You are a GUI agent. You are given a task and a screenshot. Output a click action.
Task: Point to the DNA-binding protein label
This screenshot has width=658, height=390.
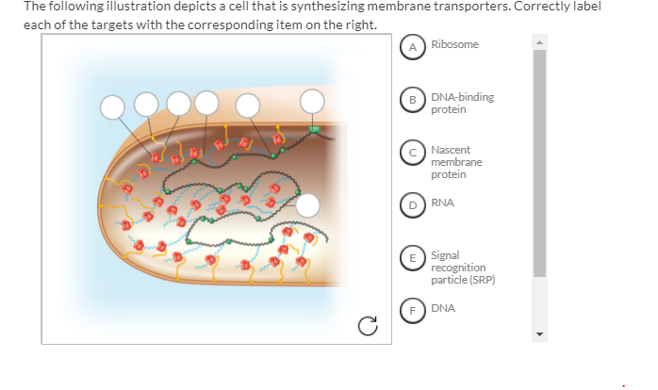(462, 103)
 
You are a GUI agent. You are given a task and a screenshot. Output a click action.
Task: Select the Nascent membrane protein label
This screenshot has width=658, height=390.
(456, 162)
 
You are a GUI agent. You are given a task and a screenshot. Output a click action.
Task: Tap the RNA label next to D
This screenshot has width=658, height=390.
(442, 202)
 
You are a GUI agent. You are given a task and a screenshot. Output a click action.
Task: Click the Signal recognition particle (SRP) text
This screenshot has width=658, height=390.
(462, 268)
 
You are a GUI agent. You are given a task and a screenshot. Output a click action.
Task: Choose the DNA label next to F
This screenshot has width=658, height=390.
(442, 307)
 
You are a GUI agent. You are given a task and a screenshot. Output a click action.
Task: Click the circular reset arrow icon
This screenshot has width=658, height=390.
(368, 326)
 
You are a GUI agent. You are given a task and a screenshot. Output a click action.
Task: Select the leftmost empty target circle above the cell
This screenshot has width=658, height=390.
(113, 106)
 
